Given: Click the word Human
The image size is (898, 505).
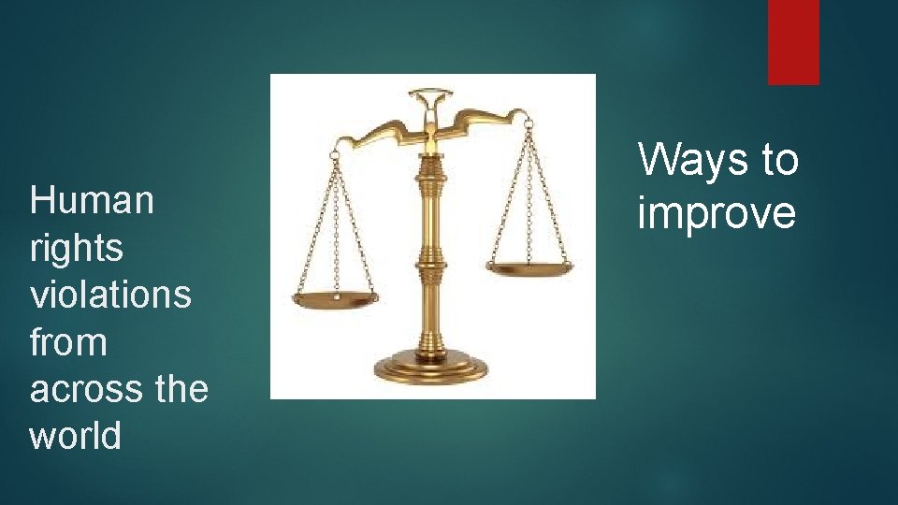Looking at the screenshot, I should point(92,200).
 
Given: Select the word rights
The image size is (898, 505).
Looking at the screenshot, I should point(77,249).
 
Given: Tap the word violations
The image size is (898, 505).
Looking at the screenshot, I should point(110,295).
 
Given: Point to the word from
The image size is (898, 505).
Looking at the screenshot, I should point(68,342).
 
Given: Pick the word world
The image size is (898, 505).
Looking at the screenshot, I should point(76,436).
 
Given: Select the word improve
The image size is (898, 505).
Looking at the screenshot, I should point(717,213).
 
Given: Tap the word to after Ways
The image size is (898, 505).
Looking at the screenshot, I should point(779,161).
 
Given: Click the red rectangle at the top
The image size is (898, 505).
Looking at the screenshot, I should point(793,41).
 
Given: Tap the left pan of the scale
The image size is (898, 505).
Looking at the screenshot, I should point(335,299).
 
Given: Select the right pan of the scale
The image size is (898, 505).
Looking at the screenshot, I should point(530,268).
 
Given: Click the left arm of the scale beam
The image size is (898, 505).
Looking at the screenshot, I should point(374,131).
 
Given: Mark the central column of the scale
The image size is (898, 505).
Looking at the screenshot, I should point(431,252).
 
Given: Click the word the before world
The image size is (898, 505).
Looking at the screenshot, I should point(181,389).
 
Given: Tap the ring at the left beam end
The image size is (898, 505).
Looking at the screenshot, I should point(334,151).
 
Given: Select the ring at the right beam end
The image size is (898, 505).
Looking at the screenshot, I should point(529,123).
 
